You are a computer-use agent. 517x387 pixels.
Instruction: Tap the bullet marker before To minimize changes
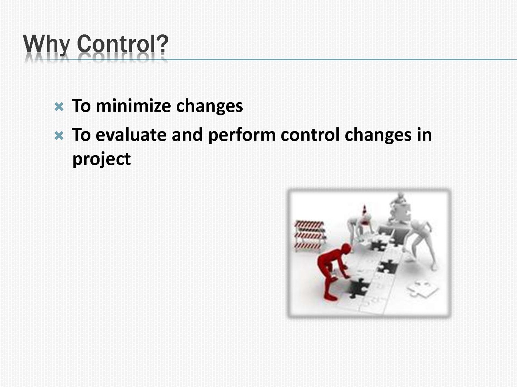point(59,107)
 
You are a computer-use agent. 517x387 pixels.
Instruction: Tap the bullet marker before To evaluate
point(59,135)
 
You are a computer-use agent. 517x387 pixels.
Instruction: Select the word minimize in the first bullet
point(133,106)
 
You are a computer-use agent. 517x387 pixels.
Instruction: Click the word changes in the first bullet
point(210,106)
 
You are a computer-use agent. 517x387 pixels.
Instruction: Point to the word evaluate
point(131,135)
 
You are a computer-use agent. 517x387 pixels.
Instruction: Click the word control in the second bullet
point(310,134)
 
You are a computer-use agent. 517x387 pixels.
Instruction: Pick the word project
point(101,160)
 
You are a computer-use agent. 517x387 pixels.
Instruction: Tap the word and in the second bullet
point(187,134)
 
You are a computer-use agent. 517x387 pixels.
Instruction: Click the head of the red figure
point(346,249)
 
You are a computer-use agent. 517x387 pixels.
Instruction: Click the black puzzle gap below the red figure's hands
point(358,288)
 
